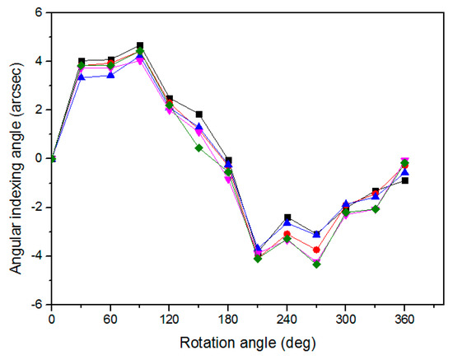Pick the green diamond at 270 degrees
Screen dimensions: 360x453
coord(316,264)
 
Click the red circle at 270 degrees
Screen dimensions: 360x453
coord(316,250)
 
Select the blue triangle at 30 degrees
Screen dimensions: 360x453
coord(82,77)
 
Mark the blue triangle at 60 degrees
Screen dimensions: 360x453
coord(110,75)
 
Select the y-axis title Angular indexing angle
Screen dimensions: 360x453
coord(14,157)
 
